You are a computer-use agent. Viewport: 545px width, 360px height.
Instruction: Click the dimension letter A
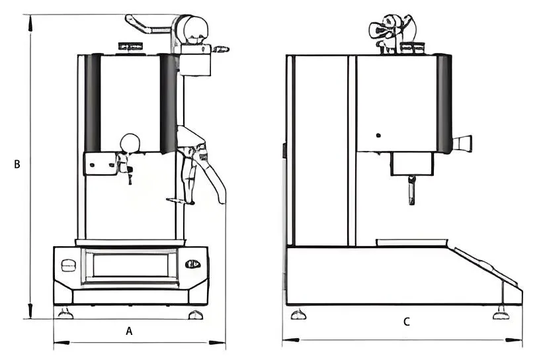[130, 331]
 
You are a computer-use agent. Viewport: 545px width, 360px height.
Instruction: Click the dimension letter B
[17, 164]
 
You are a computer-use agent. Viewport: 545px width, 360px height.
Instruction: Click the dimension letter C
[407, 322]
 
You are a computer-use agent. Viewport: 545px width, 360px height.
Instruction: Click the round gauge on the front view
[130, 143]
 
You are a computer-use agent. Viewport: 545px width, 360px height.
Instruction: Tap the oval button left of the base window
[67, 266]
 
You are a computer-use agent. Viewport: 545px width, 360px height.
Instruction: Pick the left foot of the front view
[65, 313]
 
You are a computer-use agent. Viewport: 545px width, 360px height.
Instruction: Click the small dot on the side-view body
[378, 136]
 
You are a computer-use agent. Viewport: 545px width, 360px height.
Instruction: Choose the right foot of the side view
[502, 314]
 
